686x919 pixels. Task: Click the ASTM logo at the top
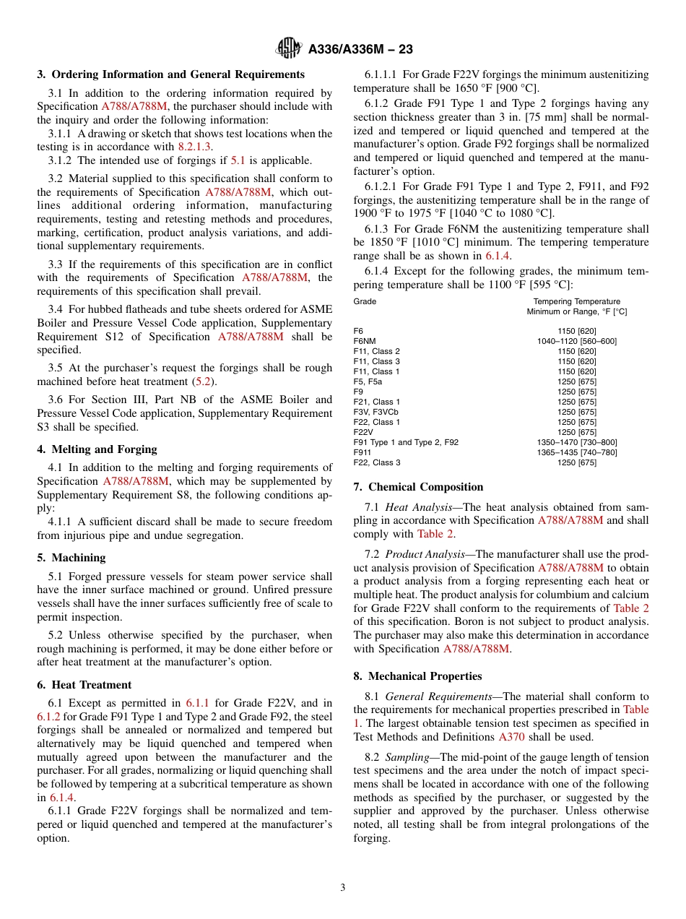point(289,49)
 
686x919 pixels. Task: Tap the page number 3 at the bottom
point(343,888)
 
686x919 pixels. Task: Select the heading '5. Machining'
point(71,558)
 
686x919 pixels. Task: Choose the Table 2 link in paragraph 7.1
point(436,534)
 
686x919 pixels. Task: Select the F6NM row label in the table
point(365,341)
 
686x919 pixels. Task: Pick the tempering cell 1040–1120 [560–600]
point(576,341)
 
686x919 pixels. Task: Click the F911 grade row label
point(363,452)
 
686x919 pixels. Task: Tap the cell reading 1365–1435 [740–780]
point(576,452)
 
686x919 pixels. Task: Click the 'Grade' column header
point(365,301)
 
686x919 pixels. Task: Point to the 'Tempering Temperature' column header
point(576,301)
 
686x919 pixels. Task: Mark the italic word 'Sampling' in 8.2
point(409,757)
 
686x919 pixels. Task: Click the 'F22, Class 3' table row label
point(377,462)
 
